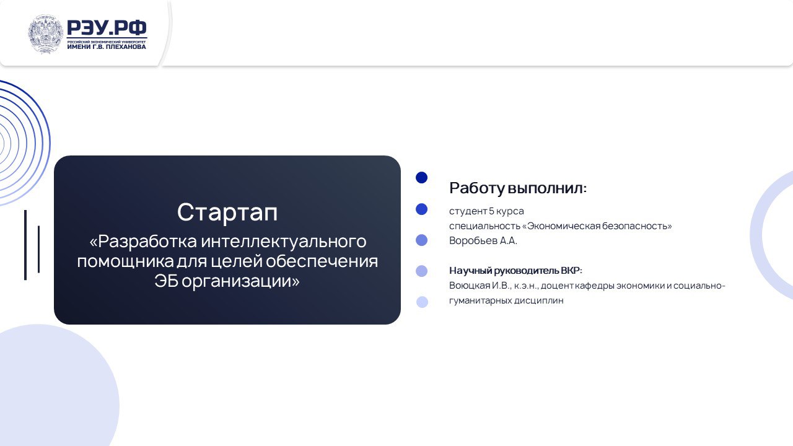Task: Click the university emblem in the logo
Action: pos(45,34)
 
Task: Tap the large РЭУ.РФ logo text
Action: pos(107,28)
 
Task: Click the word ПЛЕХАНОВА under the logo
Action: pos(126,46)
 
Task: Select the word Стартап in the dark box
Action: pos(227,212)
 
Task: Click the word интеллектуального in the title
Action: pos(284,242)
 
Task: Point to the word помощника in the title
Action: pos(125,261)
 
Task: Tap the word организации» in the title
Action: pos(241,282)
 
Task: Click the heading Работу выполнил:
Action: pos(518,188)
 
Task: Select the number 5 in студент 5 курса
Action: pos(491,211)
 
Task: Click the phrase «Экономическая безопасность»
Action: pos(597,226)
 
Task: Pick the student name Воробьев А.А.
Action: pos(483,241)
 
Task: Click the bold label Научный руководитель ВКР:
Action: pos(516,271)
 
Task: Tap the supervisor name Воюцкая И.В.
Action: pos(480,286)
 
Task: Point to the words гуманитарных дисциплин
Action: pos(506,300)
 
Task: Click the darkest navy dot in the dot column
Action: pos(422,177)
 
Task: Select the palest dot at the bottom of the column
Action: pos(422,302)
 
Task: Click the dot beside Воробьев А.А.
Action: pos(422,240)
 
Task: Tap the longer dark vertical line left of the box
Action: pos(25,245)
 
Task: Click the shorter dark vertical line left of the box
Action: pos(38,249)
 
